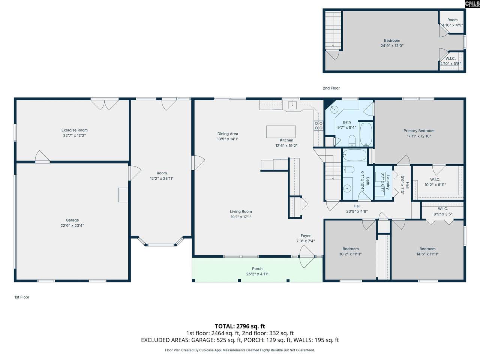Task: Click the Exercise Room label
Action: (74, 130)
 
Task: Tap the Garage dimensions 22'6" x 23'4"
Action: (72, 225)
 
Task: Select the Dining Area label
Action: (228, 133)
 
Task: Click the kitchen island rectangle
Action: (281, 132)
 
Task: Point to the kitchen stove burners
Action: (318, 126)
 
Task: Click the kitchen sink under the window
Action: (292, 105)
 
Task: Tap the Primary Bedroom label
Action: (419, 131)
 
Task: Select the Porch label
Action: (257, 268)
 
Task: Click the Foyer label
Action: (306, 235)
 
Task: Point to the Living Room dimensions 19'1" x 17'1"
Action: (241, 217)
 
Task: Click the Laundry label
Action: (388, 182)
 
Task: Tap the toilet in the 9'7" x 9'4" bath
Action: (352, 140)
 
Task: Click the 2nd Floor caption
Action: (331, 88)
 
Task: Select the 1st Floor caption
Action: (22, 297)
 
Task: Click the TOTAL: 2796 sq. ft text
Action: (240, 326)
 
